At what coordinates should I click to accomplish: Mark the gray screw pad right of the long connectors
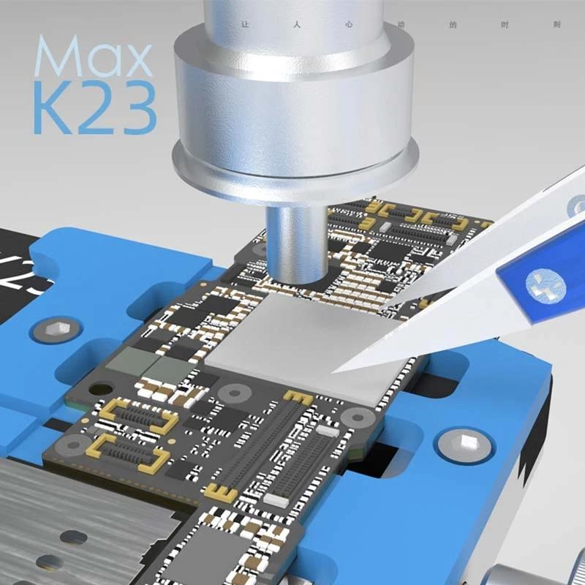[x=358, y=418]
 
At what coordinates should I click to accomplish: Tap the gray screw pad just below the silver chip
[x=235, y=393]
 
